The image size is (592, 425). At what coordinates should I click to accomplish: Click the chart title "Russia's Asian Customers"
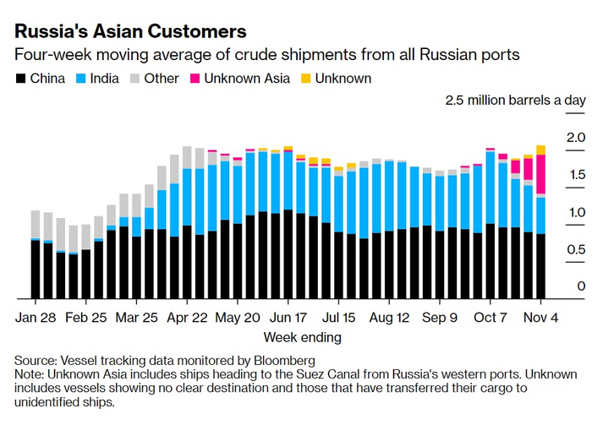131,31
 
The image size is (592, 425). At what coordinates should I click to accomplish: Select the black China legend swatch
20,79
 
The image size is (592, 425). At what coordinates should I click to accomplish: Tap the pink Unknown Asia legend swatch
194,79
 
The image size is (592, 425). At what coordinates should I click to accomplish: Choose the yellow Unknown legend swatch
307,79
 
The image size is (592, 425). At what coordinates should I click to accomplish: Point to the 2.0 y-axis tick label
576,137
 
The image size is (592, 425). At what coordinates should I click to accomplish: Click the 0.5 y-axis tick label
576,249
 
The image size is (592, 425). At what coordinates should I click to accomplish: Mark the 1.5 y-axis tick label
576,175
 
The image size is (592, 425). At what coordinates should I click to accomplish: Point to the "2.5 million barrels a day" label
515,101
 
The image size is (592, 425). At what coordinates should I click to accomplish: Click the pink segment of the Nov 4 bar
540,174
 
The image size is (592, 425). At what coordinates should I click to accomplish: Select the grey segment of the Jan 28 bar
36,225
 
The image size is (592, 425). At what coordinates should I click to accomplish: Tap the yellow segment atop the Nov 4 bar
540,150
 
